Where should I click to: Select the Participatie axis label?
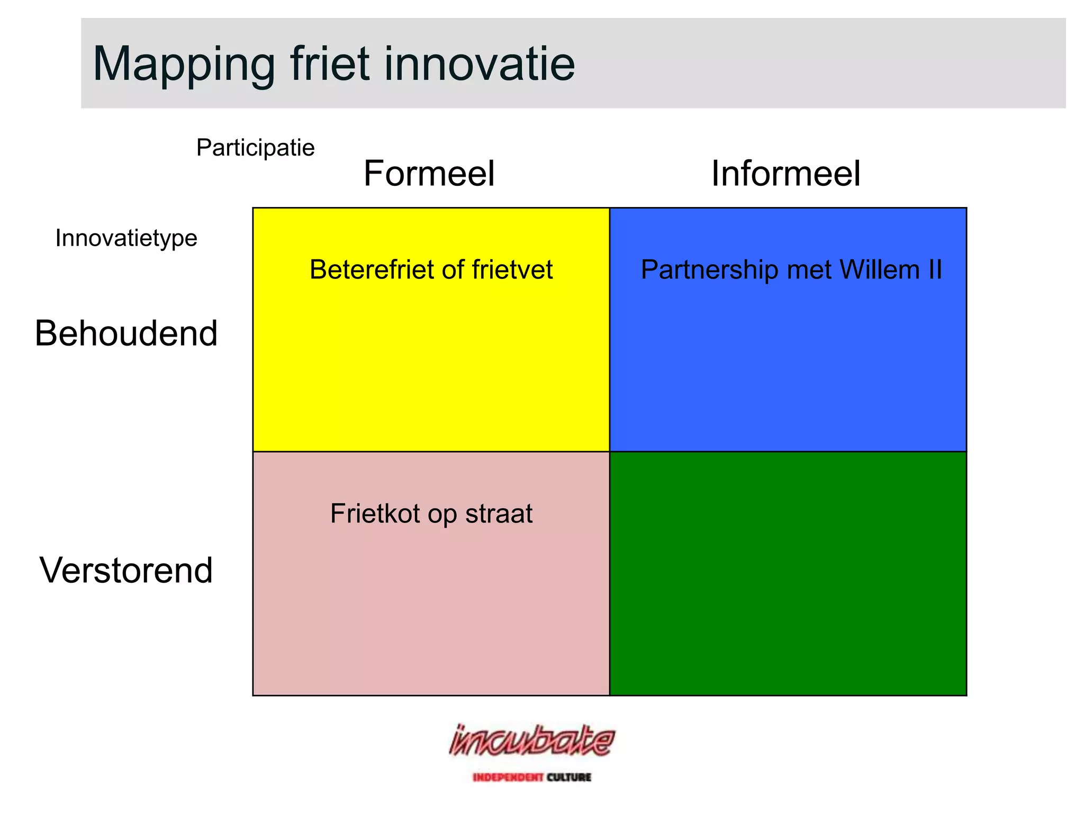click(x=255, y=148)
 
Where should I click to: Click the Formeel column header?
click(x=429, y=174)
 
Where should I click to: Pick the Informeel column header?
click(x=785, y=174)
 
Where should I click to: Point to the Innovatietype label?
click(x=126, y=238)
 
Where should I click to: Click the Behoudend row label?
click(x=126, y=333)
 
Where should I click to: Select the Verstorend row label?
click(x=126, y=571)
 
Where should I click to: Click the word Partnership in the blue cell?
click(x=709, y=269)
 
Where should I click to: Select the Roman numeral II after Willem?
click(x=935, y=269)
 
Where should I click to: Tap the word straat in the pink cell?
click(x=499, y=513)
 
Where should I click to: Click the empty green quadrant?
click(x=788, y=573)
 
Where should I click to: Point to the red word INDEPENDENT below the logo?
click(x=508, y=777)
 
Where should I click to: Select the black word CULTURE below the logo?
click(x=569, y=777)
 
